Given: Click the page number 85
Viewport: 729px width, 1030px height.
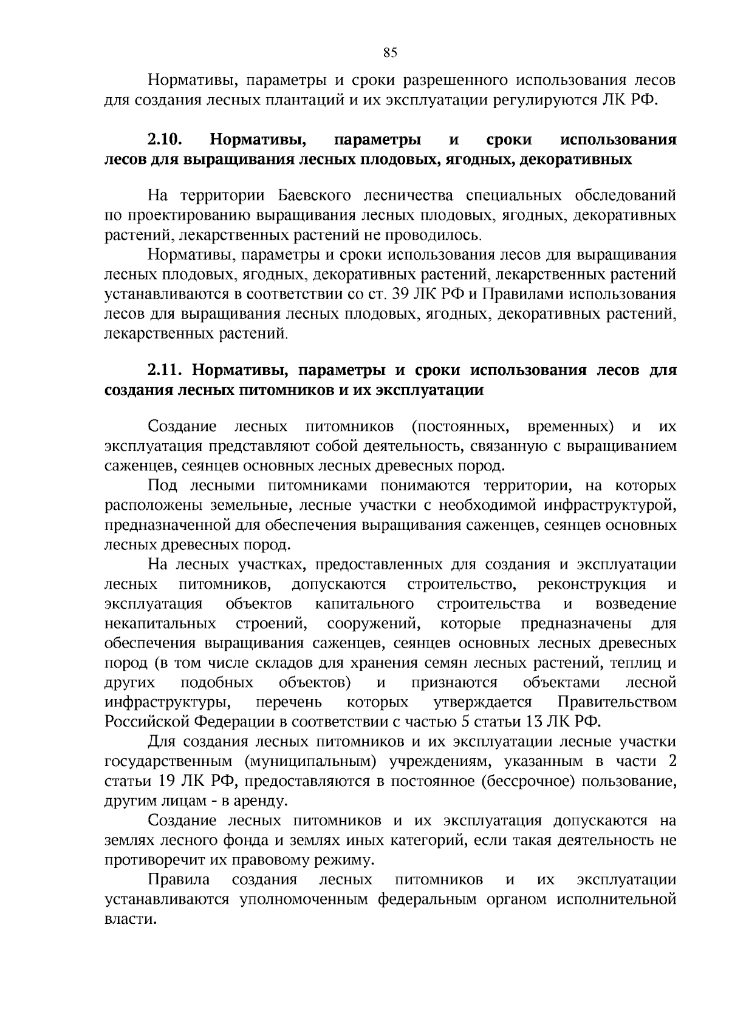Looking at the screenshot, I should [390, 53].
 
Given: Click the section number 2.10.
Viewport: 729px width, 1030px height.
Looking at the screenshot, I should [165, 140].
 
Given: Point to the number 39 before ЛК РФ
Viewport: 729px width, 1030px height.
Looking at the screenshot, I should [403, 295].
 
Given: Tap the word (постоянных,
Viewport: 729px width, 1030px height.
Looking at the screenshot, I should [460, 427].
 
